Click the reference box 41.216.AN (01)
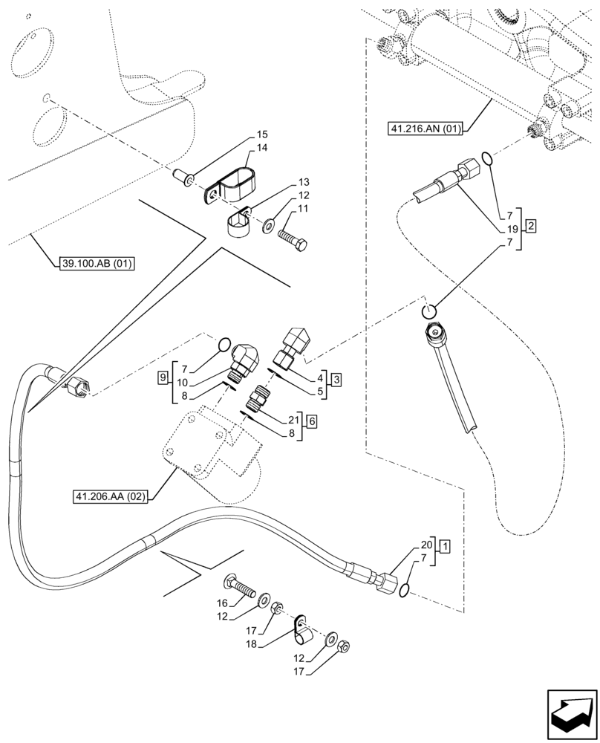coord(425,129)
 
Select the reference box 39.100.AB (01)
coord(91,263)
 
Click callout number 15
coord(262,135)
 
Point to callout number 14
coord(262,149)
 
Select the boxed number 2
coord(530,224)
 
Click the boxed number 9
coord(163,378)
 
